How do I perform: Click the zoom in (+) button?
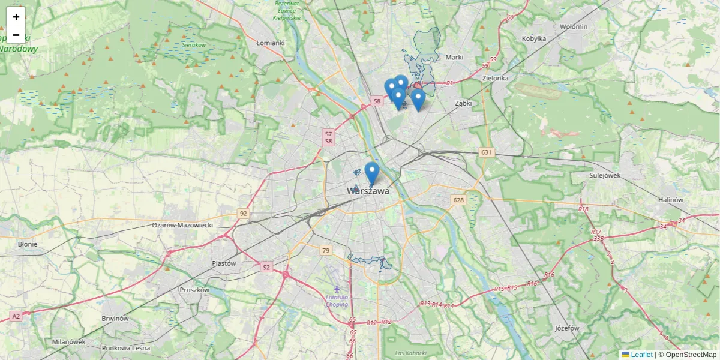16,17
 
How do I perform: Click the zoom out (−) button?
16,34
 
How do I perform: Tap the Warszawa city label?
368,191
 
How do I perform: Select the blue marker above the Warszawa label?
372,172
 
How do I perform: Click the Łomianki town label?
269,43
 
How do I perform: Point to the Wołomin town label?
574,26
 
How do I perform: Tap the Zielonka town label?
495,78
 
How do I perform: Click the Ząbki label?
463,103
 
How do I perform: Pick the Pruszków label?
194,290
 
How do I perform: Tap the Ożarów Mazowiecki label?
182,224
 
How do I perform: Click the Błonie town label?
28,244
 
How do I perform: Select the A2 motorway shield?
16,316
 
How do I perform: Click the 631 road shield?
486,152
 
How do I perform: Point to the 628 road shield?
459,200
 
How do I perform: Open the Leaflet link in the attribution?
641,355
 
